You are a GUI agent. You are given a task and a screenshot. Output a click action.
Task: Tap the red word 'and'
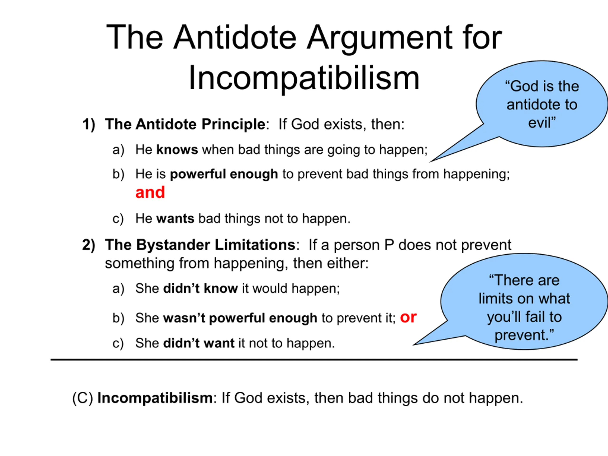coord(150,192)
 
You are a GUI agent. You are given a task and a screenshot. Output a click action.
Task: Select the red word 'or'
coord(408,318)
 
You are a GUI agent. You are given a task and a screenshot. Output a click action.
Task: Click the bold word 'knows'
coord(177,150)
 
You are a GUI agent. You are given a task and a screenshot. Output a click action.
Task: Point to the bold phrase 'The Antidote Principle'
coord(185,124)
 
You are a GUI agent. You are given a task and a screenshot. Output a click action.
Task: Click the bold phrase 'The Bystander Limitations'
coord(200,245)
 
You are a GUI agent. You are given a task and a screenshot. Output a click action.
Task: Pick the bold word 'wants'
coord(175,219)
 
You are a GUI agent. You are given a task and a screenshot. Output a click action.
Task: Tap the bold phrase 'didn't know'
coord(201,289)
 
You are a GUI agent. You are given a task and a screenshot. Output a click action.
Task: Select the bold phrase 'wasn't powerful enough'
coord(240,318)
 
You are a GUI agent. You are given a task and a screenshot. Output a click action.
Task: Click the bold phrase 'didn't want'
coord(199,343)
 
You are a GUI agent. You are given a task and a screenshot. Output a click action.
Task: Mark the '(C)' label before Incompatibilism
coord(83,398)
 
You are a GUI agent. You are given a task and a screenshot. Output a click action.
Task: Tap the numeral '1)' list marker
coord(89,124)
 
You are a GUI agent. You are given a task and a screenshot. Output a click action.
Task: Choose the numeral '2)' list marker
coord(89,245)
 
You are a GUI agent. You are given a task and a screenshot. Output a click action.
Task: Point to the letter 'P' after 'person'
coord(389,245)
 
